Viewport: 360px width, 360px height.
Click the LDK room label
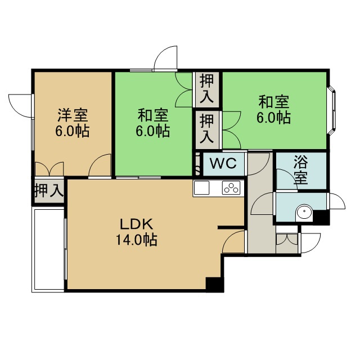pos(136,224)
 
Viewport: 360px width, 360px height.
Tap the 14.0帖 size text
pos(136,240)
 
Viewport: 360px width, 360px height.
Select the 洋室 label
pos(73,115)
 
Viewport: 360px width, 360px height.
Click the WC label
pos(223,164)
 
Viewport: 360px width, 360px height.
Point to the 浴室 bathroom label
pos(301,170)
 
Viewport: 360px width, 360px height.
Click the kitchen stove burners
pos(231,187)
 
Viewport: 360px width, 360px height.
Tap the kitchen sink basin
pos(201,187)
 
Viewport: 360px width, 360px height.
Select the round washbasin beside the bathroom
pos(304,213)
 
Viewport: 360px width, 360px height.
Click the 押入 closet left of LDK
pos(49,190)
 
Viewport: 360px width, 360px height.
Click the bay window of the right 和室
pos(332,110)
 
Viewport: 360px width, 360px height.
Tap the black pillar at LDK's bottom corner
pos(215,284)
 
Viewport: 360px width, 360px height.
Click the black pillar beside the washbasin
pos(321,217)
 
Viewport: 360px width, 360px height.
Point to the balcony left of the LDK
pos(48,249)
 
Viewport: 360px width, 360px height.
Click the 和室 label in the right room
pos(274,102)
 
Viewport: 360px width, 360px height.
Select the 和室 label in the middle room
pos(153,115)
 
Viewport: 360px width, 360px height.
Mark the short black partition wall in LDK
pos(231,227)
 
